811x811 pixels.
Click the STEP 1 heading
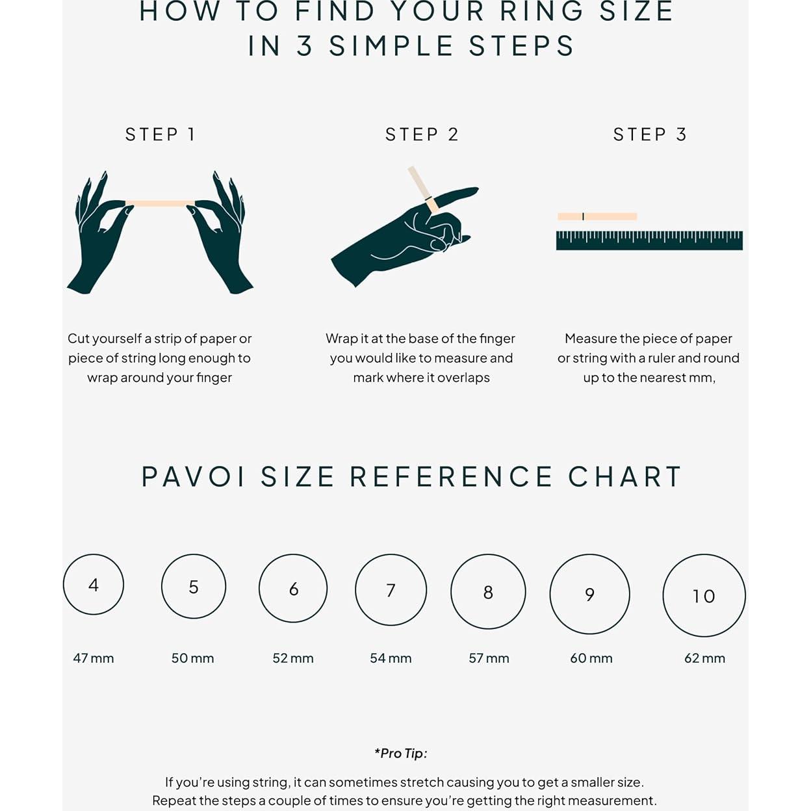click(x=160, y=135)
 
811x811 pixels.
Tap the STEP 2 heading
click(x=422, y=135)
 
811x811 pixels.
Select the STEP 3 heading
click(x=650, y=135)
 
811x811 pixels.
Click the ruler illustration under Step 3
click(x=649, y=240)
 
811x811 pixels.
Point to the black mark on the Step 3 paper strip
click(x=583, y=216)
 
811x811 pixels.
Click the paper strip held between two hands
click(x=161, y=203)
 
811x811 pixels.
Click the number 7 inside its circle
click(x=391, y=590)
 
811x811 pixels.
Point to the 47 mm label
click(x=94, y=658)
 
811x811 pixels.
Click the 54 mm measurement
click(x=391, y=658)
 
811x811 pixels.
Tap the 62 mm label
click(x=704, y=658)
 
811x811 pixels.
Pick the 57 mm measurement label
click(x=489, y=658)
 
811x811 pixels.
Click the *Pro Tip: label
click(x=401, y=753)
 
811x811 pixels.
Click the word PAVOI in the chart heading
click(x=193, y=477)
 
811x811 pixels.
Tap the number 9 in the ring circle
click(x=589, y=594)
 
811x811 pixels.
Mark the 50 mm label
click(x=193, y=658)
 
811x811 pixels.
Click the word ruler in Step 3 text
click(x=661, y=358)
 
